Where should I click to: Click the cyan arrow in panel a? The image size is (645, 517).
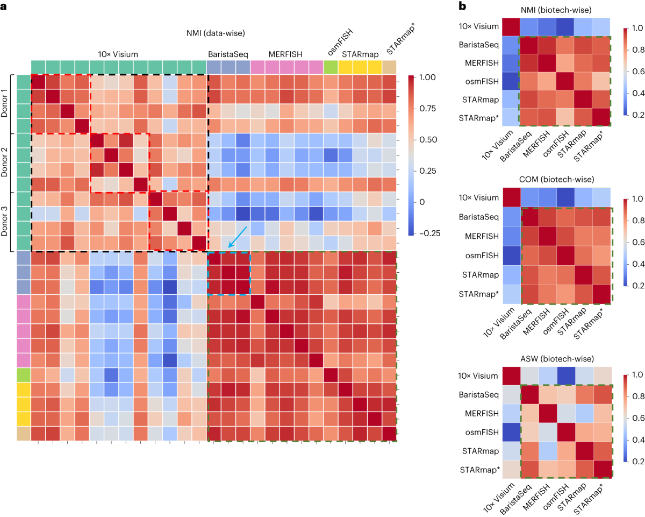click(237, 237)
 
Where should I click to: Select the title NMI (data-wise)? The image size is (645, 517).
click(214, 33)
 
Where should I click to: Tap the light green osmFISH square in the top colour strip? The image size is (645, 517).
click(331, 67)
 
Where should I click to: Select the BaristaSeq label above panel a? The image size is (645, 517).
click(228, 54)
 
